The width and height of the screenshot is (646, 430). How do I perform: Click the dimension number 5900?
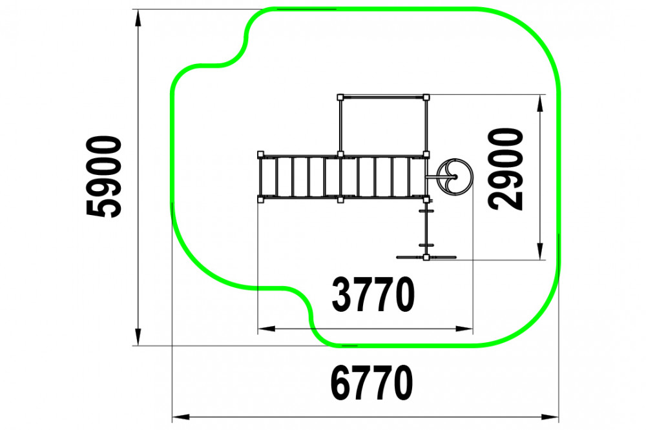pos(104,177)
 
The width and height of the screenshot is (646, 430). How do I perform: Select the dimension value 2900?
pos(506,169)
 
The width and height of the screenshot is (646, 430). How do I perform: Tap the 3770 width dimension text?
pos(373,294)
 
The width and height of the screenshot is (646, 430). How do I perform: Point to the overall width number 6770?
pos(371,383)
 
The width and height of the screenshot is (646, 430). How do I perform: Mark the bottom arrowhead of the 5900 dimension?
pos(138,337)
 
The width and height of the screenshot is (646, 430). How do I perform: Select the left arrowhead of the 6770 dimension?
pos(181,417)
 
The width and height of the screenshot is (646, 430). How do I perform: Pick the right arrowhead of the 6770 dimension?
pos(550,417)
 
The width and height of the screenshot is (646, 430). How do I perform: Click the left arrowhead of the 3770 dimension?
pos(267,329)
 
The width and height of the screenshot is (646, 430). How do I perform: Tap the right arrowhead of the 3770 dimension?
pos(464,329)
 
